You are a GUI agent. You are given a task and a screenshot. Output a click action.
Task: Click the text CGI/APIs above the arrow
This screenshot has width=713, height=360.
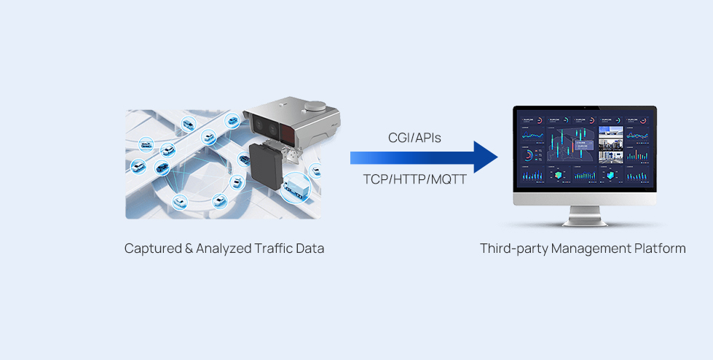414,137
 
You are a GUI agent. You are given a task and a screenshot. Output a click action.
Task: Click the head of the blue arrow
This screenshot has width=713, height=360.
484,157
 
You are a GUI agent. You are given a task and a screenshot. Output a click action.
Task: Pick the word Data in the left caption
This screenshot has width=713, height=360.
309,249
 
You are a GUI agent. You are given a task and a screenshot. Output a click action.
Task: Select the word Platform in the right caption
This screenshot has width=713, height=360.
659,249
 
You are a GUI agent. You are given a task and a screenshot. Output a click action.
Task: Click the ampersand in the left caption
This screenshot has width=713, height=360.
188,249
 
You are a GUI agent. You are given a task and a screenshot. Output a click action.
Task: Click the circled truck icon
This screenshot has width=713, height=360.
296,187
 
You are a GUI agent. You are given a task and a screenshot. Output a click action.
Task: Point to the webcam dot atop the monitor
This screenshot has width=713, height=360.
585,108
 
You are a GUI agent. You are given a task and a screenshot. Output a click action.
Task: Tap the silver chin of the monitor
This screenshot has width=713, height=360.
585,199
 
